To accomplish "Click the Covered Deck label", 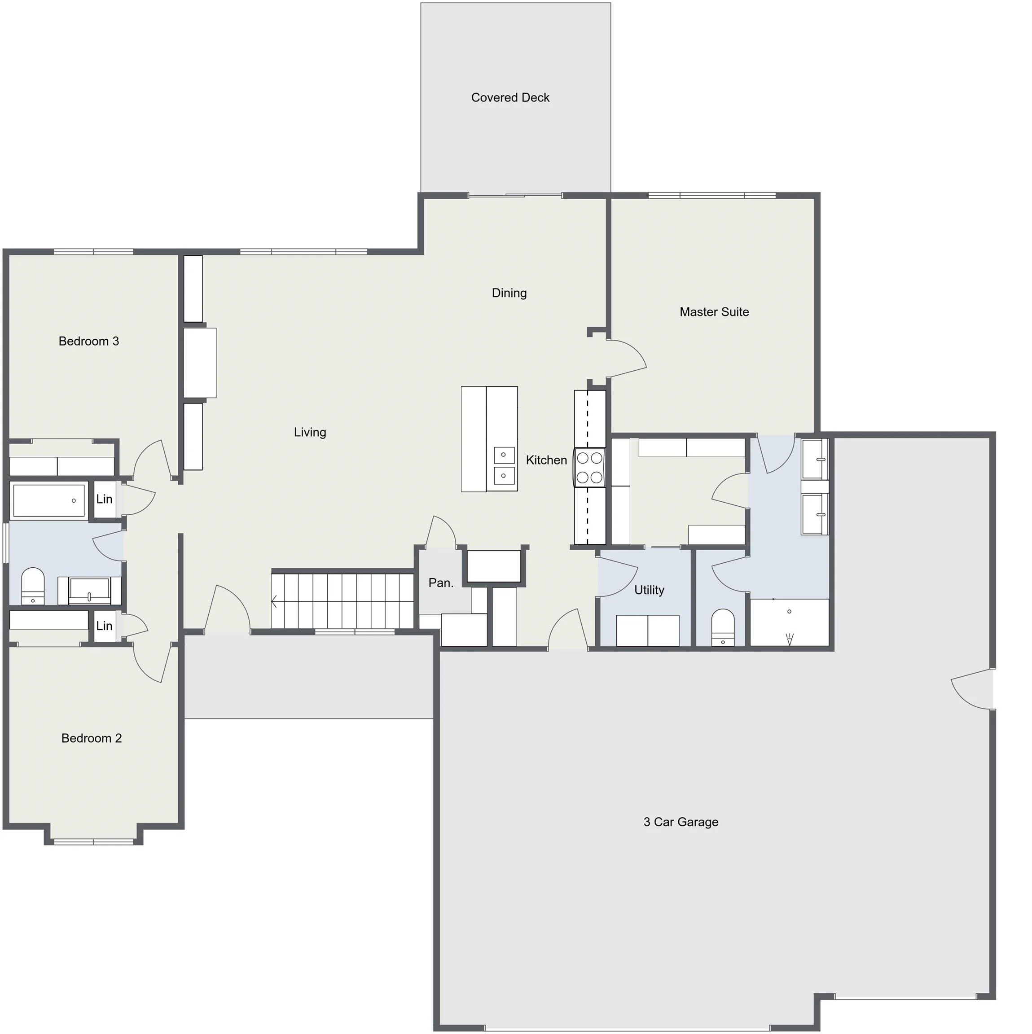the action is (510, 97).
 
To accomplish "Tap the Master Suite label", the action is (714, 312).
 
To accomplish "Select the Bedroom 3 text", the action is (89, 342).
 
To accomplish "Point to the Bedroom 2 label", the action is (92, 738).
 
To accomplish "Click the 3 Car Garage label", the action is (681, 822).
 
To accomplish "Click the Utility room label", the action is (649, 590).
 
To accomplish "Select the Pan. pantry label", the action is (441, 583).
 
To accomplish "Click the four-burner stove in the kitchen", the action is (589, 467).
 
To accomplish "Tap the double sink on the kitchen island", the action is (504, 465).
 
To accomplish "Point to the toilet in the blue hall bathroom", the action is (33, 586).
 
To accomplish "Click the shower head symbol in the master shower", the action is (789, 639).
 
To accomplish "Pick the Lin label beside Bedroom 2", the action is (105, 626).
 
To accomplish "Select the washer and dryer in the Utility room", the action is (648, 631).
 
